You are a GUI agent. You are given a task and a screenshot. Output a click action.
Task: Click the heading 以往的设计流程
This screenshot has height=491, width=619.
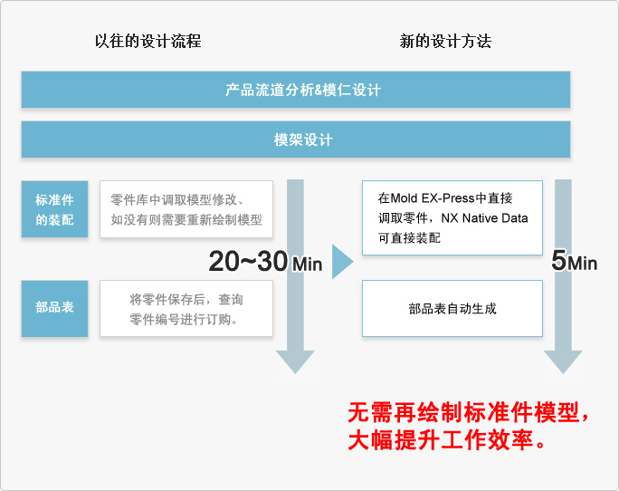148,41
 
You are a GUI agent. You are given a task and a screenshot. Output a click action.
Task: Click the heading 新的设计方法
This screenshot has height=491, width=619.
445,41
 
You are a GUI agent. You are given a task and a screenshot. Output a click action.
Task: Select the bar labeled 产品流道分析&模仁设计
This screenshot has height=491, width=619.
296,90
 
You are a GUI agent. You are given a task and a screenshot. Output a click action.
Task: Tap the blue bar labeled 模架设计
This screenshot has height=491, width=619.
296,140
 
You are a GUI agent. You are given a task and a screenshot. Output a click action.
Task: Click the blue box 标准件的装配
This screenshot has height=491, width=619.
54,209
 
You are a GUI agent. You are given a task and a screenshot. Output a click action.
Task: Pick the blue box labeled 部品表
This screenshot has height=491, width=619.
54,308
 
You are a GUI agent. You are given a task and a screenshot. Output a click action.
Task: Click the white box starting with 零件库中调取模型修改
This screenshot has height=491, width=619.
186,209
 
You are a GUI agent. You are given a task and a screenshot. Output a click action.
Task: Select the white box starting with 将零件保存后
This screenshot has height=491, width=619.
186,308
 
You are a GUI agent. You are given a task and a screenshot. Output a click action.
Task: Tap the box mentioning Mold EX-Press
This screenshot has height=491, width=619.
452,217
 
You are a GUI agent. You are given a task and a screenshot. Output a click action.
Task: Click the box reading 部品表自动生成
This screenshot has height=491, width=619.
452,308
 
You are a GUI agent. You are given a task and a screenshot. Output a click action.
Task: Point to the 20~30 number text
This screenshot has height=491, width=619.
248,261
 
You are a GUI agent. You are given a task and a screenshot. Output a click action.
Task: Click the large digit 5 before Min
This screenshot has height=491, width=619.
559,260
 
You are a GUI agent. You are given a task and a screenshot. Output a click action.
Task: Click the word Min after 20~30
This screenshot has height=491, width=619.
307,265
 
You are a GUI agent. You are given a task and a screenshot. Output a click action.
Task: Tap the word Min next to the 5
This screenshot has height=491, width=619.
582,264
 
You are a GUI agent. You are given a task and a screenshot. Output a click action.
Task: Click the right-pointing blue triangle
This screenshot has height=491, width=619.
342,262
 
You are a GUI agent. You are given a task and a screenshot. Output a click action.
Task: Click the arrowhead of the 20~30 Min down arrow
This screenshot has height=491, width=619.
295,361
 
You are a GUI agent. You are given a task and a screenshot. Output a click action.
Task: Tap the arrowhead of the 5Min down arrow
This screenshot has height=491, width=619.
563,361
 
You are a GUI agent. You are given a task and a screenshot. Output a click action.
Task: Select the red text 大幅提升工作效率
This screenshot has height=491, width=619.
446,439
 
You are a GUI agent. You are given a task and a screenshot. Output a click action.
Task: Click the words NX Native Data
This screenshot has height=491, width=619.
484,217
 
